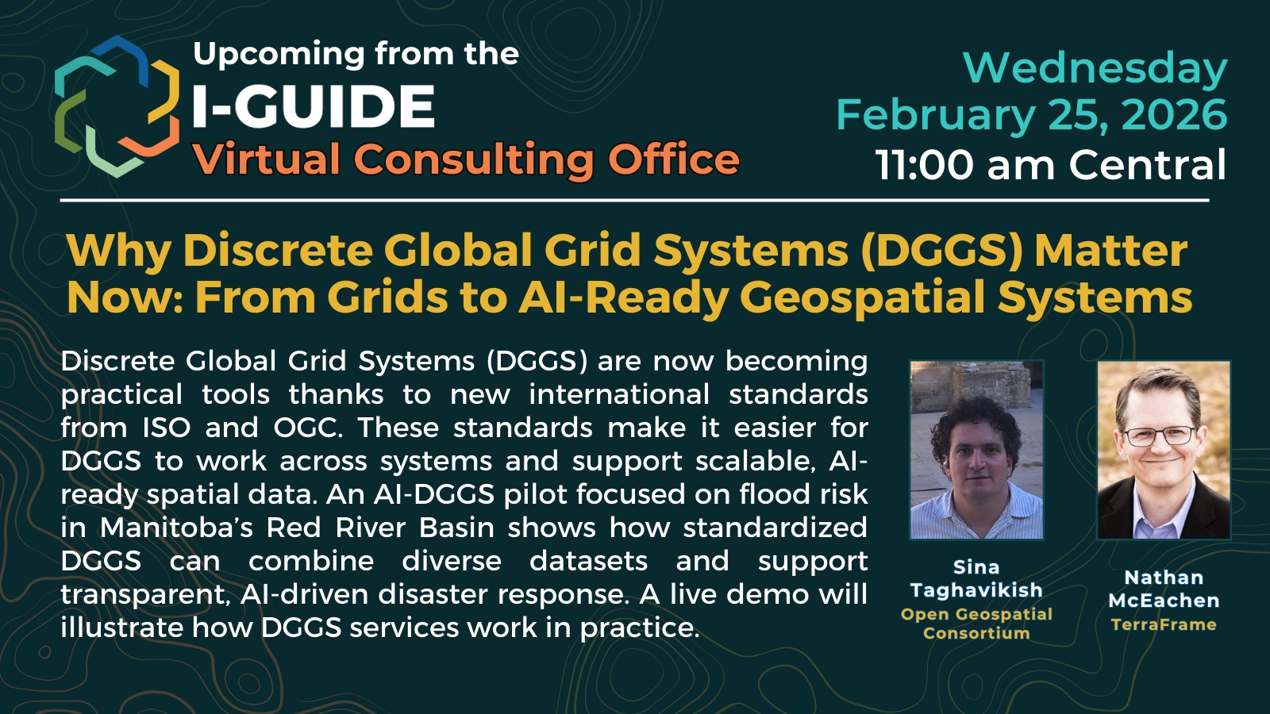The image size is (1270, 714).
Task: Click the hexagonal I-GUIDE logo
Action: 117,106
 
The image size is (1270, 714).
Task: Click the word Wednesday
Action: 1095,68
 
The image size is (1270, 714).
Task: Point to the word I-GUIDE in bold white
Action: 314,106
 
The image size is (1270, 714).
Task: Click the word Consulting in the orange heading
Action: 476,159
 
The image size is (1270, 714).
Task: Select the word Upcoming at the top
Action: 279,55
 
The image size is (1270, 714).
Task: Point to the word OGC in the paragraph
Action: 308,428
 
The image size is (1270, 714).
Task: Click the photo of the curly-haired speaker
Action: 976,450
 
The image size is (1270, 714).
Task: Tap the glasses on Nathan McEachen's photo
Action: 1160,436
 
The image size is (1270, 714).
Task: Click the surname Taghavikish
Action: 976,590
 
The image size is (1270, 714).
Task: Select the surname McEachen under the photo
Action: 1164,600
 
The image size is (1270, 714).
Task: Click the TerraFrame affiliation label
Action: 1164,624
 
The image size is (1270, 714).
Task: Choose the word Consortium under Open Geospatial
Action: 976,633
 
